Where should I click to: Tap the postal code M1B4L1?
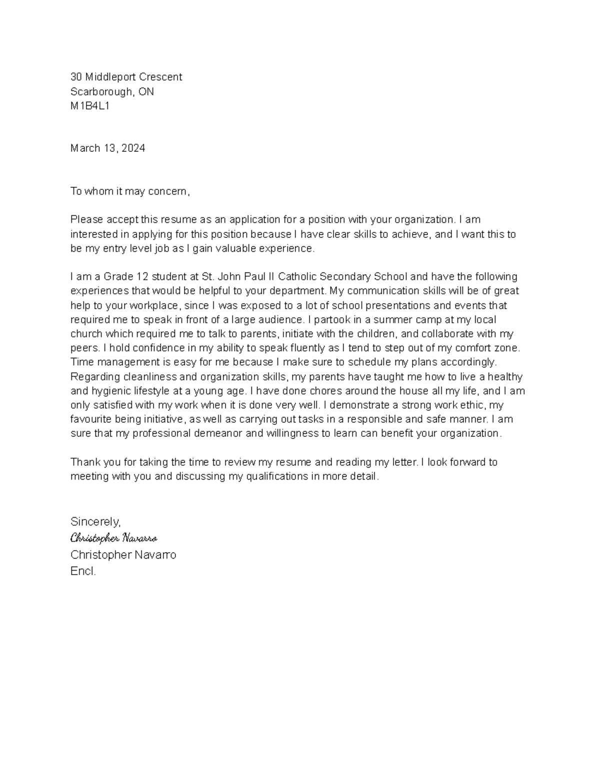pyautogui.click(x=90, y=106)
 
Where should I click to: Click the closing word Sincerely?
pyautogui.click(x=95, y=522)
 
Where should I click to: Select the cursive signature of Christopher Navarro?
pyautogui.click(x=114, y=538)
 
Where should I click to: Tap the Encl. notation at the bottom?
pyautogui.click(x=83, y=572)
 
